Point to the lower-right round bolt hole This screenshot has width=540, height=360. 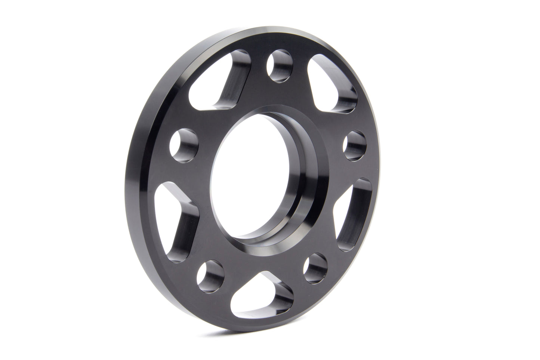pos(315,268)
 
